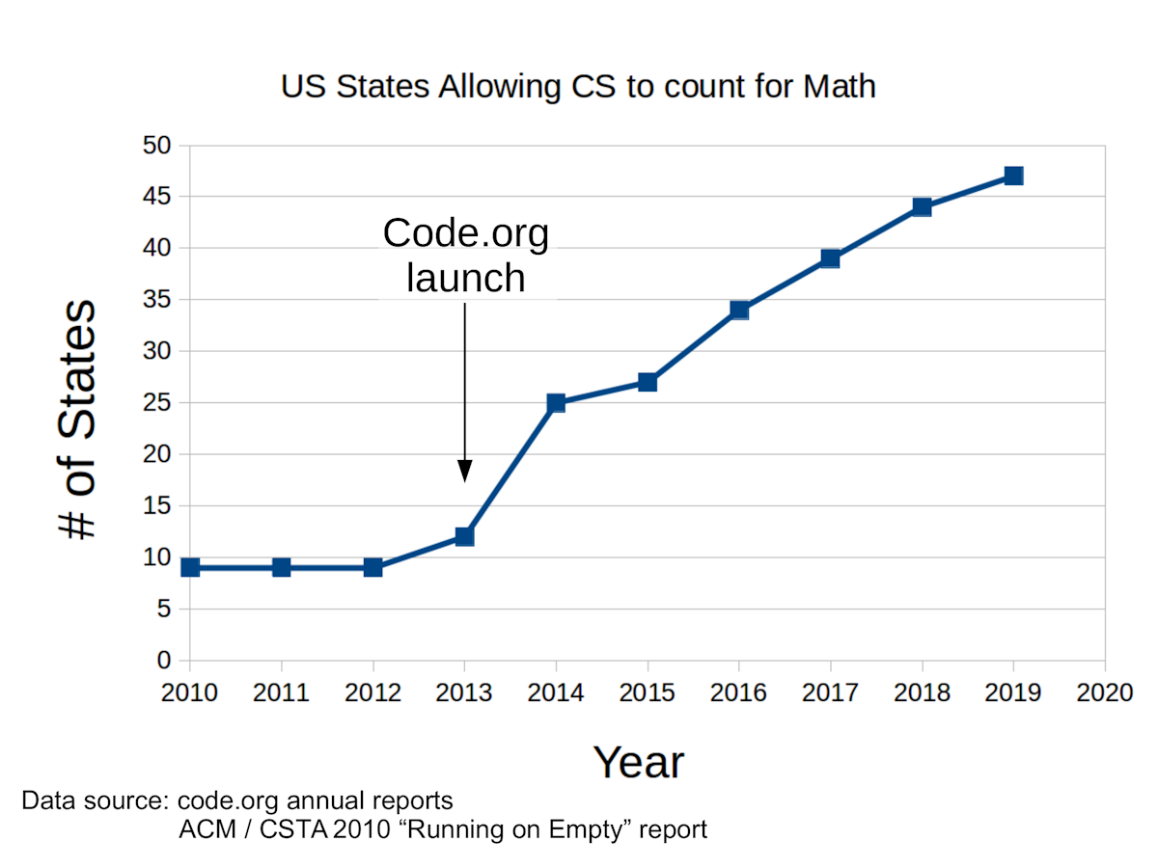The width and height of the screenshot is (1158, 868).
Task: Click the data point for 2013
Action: [x=464, y=536]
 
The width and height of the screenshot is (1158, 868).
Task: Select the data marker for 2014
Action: [x=556, y=402]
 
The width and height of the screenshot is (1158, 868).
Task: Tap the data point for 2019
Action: [x=1013, y=176]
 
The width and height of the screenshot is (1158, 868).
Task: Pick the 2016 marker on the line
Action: [x=739, y=310]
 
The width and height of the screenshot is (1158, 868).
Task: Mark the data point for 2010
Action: [x=190, y=567]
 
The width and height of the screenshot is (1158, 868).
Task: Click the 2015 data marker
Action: [x=648, y=382]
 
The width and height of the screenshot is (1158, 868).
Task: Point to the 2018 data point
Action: [x=922, y=206]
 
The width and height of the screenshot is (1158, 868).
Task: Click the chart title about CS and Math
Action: [x=578, y=87]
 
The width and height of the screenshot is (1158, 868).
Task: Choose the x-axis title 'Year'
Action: [x=638, y=762]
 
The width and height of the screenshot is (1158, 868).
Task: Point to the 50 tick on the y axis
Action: [x=157, y=146]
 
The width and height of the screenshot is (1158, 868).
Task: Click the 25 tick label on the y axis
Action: [x=157, y=402]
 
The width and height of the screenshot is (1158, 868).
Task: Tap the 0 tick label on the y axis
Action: [x=163, y=661]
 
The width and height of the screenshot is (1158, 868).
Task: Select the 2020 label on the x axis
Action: [x=1104, y=693]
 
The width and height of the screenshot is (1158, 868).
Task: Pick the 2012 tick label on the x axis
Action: [x=372, y=693]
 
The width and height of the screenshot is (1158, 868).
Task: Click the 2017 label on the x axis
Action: [x=830, y=693]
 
